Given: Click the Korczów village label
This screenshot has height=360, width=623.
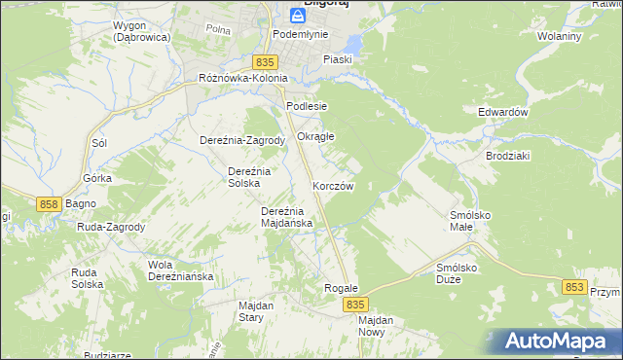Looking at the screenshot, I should click(x=333, y=185).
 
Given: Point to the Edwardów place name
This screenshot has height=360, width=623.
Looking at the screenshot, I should click(x=502, y=112).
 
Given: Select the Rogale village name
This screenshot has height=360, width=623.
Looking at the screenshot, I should click(x=342, y=289).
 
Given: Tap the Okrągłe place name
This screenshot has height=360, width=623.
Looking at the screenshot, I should click(x=315, y=136).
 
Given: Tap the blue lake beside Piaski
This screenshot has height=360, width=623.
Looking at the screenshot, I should click(x=350, y=44).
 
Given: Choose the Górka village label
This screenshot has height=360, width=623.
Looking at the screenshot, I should click(x=97, y=178).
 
